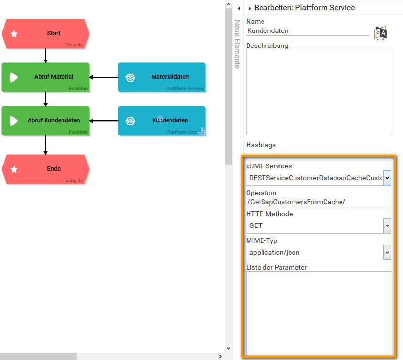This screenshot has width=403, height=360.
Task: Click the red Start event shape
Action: (46, 34)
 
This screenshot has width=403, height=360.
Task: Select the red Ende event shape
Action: (46, 169)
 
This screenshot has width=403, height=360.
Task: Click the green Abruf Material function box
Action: (46, 77)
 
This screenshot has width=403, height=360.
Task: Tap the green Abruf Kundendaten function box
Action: (46, 121)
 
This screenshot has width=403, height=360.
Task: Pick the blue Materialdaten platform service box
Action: (162, 77)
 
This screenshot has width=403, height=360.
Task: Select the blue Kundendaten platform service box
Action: (162, 121)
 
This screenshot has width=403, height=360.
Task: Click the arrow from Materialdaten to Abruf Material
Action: (104, 77)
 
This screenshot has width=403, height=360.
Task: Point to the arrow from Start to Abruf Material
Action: (46, 56)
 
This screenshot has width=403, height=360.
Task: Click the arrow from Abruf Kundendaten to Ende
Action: (46, 145)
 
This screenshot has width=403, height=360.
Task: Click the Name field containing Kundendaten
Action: (307, 30)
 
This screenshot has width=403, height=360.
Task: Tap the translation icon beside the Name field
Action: (380, 32)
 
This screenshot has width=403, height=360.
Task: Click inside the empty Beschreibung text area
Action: (319, 92)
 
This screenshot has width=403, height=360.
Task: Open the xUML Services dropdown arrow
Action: (387, 178)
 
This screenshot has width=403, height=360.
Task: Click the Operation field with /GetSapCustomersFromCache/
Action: (318, 202)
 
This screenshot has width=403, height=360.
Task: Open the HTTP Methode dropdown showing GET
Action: (387, 225)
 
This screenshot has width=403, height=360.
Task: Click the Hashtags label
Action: (261, 145)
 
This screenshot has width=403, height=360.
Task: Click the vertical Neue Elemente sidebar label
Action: (237, 45)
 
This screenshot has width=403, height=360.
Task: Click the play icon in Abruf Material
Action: (14, 77)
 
